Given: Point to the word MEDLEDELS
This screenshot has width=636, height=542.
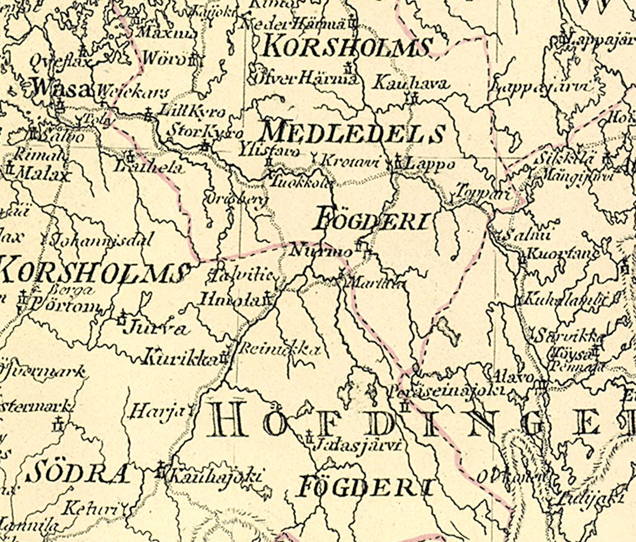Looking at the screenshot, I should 352,133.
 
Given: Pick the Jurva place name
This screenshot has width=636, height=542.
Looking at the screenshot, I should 156,328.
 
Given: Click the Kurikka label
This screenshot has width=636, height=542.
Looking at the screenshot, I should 180,359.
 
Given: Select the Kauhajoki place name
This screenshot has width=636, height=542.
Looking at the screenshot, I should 214,476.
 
